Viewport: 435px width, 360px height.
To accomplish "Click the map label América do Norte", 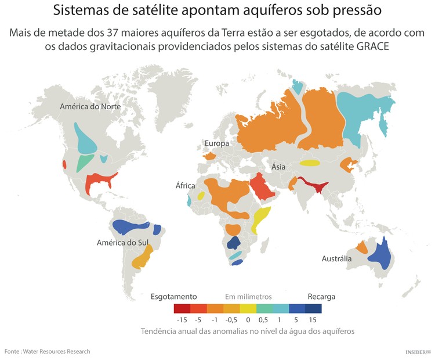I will [90, 107].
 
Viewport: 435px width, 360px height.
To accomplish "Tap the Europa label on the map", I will [217, 143].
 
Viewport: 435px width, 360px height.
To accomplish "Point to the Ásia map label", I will [278, 167].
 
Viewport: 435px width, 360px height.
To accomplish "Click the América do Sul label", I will [123, 242].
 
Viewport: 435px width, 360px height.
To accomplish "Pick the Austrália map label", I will [336, 259].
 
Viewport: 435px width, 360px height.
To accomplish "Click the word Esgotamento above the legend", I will [174, 297].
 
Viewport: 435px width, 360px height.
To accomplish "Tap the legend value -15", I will [182, 319].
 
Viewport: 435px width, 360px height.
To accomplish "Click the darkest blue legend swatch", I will [313, 308].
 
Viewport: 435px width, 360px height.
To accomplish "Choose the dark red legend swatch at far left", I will [182, 308].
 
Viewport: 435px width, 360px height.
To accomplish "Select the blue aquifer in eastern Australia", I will [380, 254].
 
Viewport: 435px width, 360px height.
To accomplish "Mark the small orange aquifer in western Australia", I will [361, 248].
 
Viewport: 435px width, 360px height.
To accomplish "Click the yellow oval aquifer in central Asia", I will [309, 163].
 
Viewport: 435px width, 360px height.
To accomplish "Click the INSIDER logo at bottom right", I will [416, 351].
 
